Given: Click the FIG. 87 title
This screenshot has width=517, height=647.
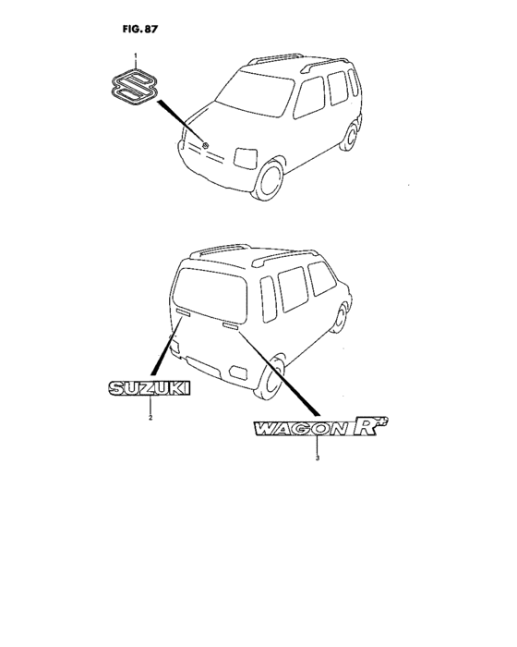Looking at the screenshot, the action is click(x=140, y=30).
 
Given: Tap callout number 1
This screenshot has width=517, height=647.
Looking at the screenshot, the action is click(x=135, y=55).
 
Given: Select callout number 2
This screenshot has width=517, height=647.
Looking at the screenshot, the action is click(x=150, y=418).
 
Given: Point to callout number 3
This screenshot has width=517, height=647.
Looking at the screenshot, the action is click(x=317, y=458).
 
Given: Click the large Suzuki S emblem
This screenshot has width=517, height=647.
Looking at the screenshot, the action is click(x=135, y=88).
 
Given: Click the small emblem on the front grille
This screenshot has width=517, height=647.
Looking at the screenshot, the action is click(x=205, y=145).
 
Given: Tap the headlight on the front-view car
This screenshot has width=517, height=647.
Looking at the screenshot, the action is click(x=246, y=158).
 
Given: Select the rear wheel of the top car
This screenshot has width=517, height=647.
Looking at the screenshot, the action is click(x=351, y=136).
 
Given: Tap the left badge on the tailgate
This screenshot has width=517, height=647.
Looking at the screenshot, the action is click(x=183, y=312).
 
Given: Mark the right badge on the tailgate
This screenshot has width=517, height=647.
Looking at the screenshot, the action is click(x=231, y=327).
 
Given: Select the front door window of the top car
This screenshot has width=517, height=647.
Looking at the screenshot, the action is click(x=309, y=97).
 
